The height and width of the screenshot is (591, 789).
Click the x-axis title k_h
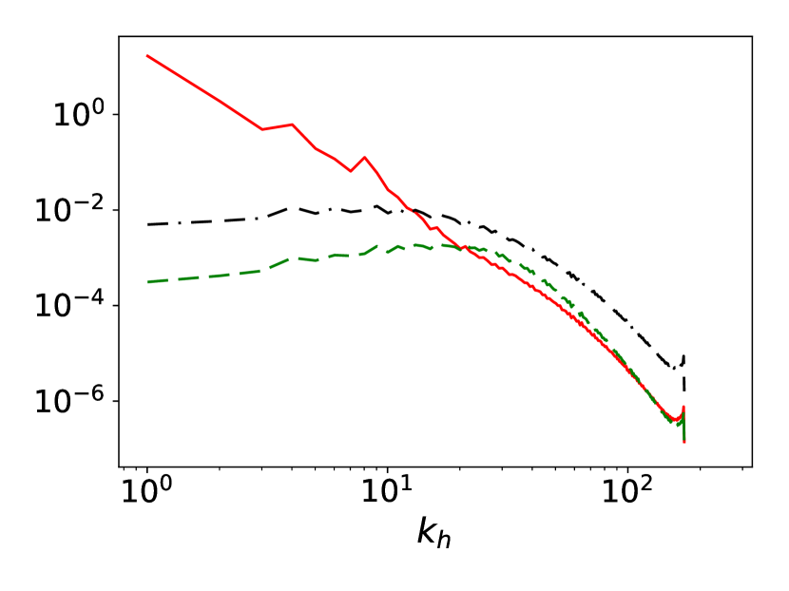436,532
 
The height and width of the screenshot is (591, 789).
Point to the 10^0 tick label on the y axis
71,115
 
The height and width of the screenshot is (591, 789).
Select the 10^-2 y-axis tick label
67,211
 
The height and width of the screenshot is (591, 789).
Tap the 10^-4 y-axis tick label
67,306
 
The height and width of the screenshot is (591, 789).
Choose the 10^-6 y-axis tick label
67,402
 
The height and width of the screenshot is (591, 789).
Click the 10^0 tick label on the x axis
147,493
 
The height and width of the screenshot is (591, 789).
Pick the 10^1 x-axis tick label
387,493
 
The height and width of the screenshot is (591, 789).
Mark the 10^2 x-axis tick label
626,493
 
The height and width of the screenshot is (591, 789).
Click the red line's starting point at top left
147,55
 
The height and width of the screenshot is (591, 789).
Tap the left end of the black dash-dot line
147,224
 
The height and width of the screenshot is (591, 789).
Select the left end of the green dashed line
147,282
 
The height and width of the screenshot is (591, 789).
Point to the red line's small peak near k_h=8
364,157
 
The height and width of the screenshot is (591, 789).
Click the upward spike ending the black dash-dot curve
684,354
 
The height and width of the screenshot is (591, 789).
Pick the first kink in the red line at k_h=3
262,129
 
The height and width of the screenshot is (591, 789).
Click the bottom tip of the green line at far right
684,441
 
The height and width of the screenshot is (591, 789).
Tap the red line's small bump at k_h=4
292,124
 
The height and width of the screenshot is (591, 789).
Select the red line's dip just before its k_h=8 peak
351,171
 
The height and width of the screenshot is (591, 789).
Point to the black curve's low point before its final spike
677,370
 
